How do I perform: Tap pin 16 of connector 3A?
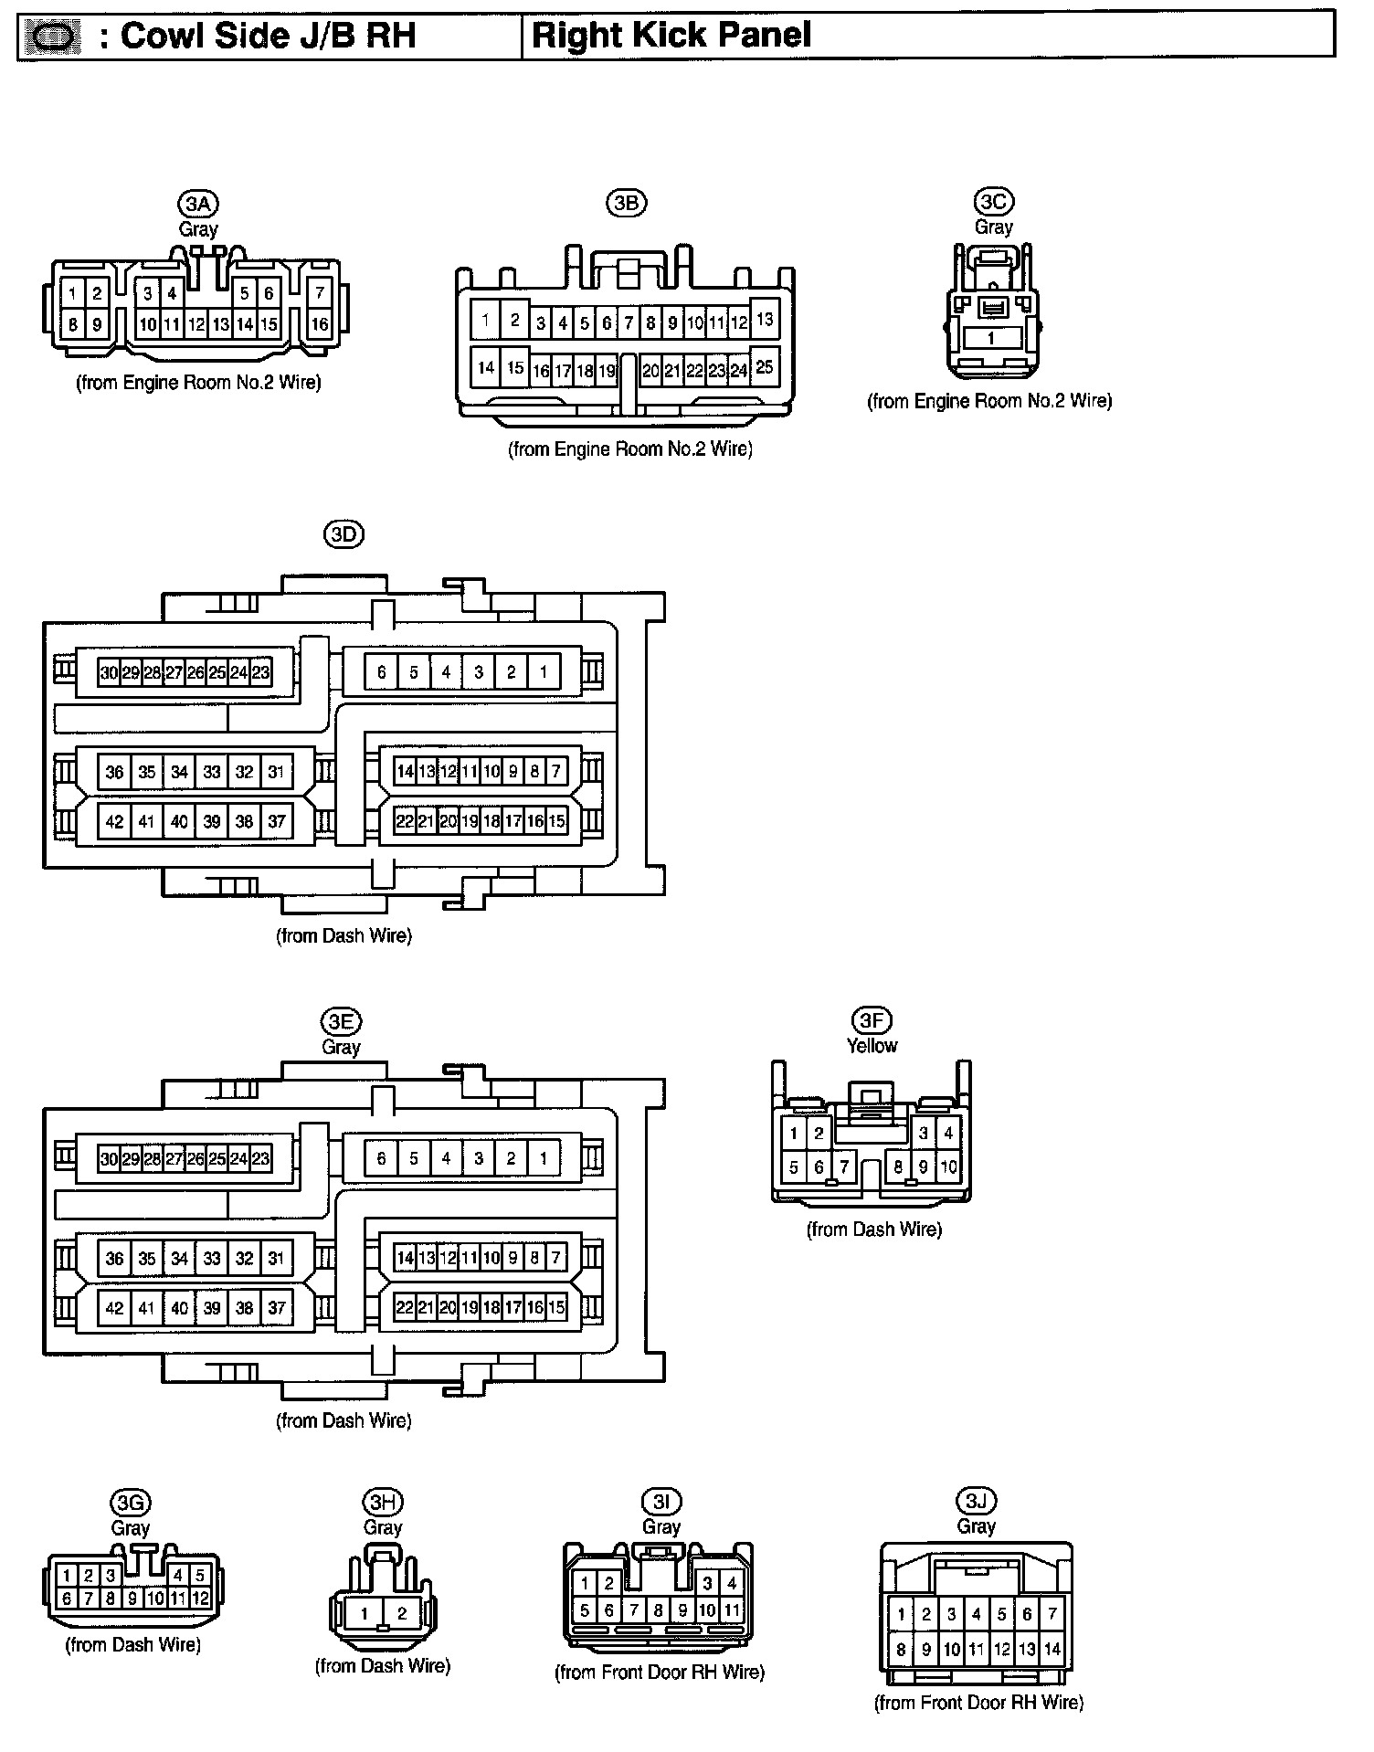click(x=319, y=323)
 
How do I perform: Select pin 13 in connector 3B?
click(x=765, y=320)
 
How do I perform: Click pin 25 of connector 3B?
click(x=765, y=366)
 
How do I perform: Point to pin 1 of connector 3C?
click(x=992, y=338)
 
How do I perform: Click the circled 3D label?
click(x=343, y=535)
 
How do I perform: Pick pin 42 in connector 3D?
click(x=114, y=821)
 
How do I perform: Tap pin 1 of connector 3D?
click(x=544, y=672)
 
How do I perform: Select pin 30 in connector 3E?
click(x=109, y=1159)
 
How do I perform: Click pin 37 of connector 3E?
click(x=277, y=1308)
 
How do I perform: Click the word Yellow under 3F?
click(x=872, y=1046)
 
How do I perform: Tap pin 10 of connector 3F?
click(x=948, y=1166)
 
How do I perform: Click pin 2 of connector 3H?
click(x=402, y=1614)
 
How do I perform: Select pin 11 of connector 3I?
click(x=732, y=1610)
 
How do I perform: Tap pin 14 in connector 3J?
click(x=1052, y=1650)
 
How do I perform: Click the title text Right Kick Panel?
click(x=671, y=36)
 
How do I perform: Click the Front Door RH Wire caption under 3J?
click(x=978, y=1703)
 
